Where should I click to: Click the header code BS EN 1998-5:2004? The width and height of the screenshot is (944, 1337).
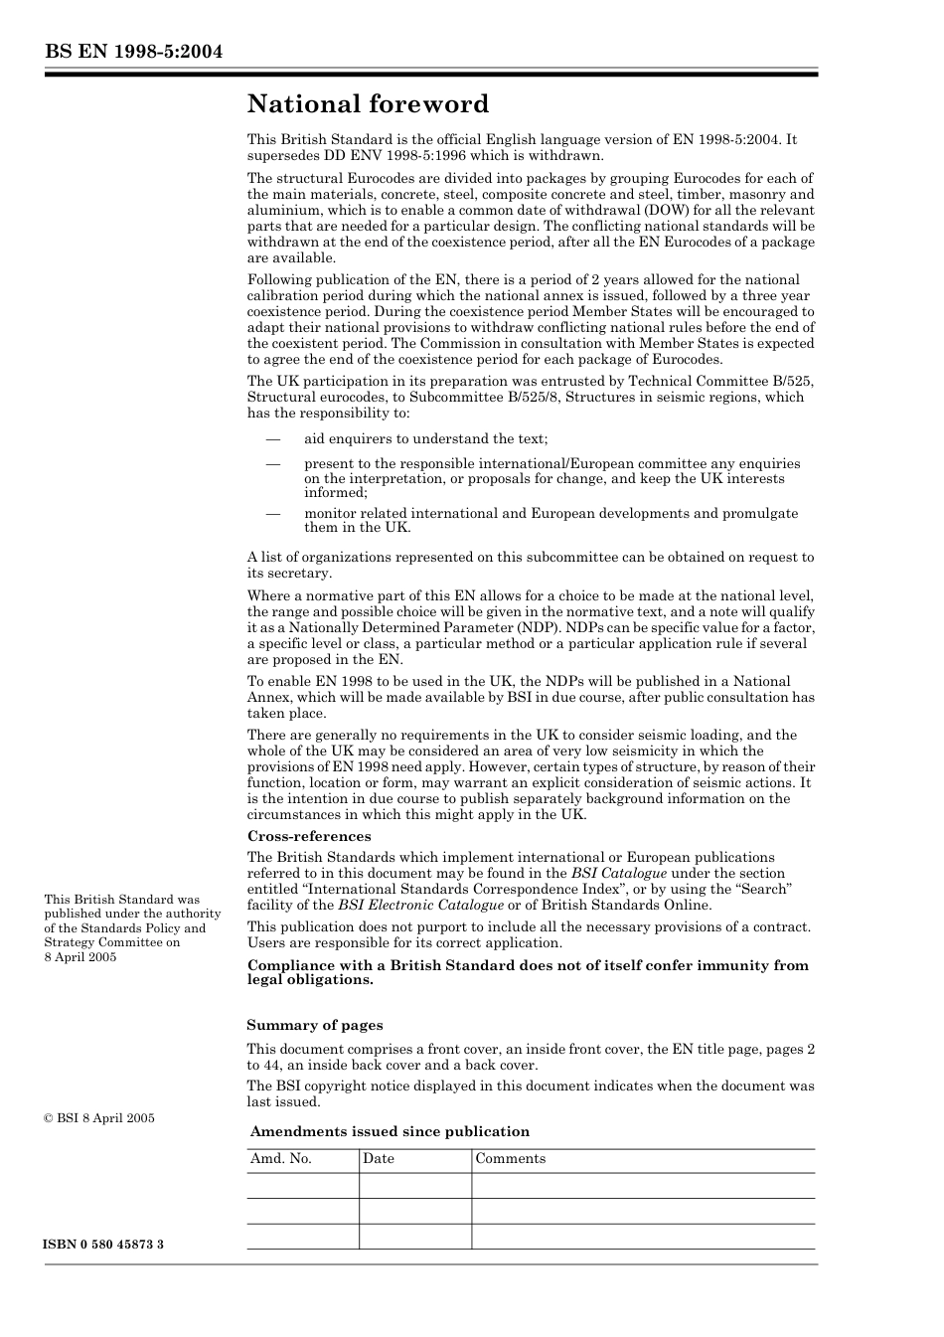pos(132,52)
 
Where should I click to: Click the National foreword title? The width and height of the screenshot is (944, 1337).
pos(368,104)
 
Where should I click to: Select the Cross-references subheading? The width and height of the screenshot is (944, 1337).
pos(309,836)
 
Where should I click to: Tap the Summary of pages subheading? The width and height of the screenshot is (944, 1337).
pos(315,1025)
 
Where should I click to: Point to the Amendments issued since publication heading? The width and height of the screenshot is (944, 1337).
pos(390,1131)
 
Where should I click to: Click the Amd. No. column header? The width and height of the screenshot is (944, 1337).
pos(281,1159)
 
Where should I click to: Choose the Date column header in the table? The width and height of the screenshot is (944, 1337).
pos(379,1159)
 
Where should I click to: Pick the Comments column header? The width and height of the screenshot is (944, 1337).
pos(511,1159)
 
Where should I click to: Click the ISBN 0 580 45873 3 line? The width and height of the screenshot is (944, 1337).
pos(104,1245)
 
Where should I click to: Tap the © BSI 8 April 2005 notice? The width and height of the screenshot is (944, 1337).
pos(99,1118)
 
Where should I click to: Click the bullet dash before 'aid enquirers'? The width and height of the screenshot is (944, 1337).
pos(272,438)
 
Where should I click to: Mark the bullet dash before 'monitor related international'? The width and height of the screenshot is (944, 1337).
pos(272,514)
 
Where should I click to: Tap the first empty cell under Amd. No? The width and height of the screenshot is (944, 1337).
pos(302,1185)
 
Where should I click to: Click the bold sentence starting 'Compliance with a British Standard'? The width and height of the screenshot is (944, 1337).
pos(528,972)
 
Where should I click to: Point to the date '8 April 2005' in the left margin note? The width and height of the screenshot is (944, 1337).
pos(80,956)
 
